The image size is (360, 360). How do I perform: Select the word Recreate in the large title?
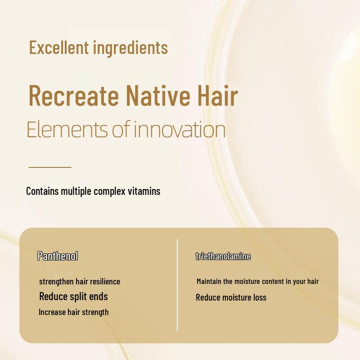(x=73, y=95)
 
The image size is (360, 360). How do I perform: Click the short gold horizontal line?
(x=50, y=167)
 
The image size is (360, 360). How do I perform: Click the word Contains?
(x=42, y=191)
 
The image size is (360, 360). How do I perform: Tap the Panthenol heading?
(x=58, y=256)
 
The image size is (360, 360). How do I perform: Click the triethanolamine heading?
(x=223, y=256)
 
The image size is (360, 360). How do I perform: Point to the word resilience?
(x=105, y=282)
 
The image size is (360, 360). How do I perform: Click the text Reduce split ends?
(x=73, y=296)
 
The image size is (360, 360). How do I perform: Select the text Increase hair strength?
(x=74, y=312)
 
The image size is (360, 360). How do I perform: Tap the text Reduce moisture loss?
(x=231, y=297)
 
